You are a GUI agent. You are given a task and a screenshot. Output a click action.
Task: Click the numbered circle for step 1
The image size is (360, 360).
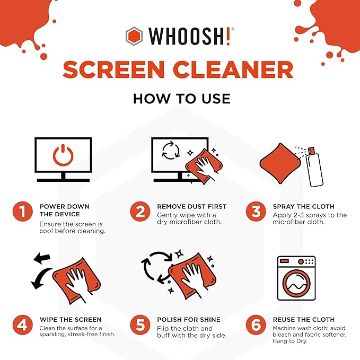tap(23, 212)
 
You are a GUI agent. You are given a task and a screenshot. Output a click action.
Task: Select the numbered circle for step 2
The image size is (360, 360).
tap(140, 212)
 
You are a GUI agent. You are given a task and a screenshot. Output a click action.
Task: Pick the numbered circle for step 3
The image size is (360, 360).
tap(256, 212)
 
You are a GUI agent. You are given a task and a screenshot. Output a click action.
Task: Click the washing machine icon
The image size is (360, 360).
tap(296, 279)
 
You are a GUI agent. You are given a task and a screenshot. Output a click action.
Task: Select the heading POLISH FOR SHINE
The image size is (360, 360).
tap(188, 320)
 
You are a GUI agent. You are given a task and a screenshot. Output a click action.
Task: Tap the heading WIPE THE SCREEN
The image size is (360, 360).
tap(69, 320)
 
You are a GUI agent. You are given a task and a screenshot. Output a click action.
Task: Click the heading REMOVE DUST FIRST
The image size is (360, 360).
tap(191, 206)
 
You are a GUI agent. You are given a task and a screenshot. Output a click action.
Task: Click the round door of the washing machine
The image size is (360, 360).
tap(296, 286)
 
